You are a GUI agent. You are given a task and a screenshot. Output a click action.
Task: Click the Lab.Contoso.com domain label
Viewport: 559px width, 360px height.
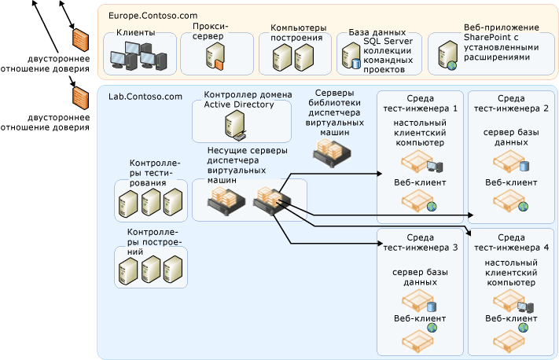pyautogui.click(x=145, y=97)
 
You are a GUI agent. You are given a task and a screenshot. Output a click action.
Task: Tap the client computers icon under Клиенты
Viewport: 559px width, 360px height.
pyautogui.click(x=139, y=56)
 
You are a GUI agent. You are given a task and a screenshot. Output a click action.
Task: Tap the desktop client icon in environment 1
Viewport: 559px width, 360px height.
pyautogui.click(x=421, y=164)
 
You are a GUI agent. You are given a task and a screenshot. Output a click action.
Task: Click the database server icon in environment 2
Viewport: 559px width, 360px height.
pyautogui.click(x=511, y=164)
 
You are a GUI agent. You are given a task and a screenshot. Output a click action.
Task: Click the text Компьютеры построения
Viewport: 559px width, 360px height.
pyautogui.click(x=291, y=33)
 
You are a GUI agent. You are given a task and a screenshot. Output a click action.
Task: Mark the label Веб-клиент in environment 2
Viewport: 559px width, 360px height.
pyautogui.click(x=511, y=182)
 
